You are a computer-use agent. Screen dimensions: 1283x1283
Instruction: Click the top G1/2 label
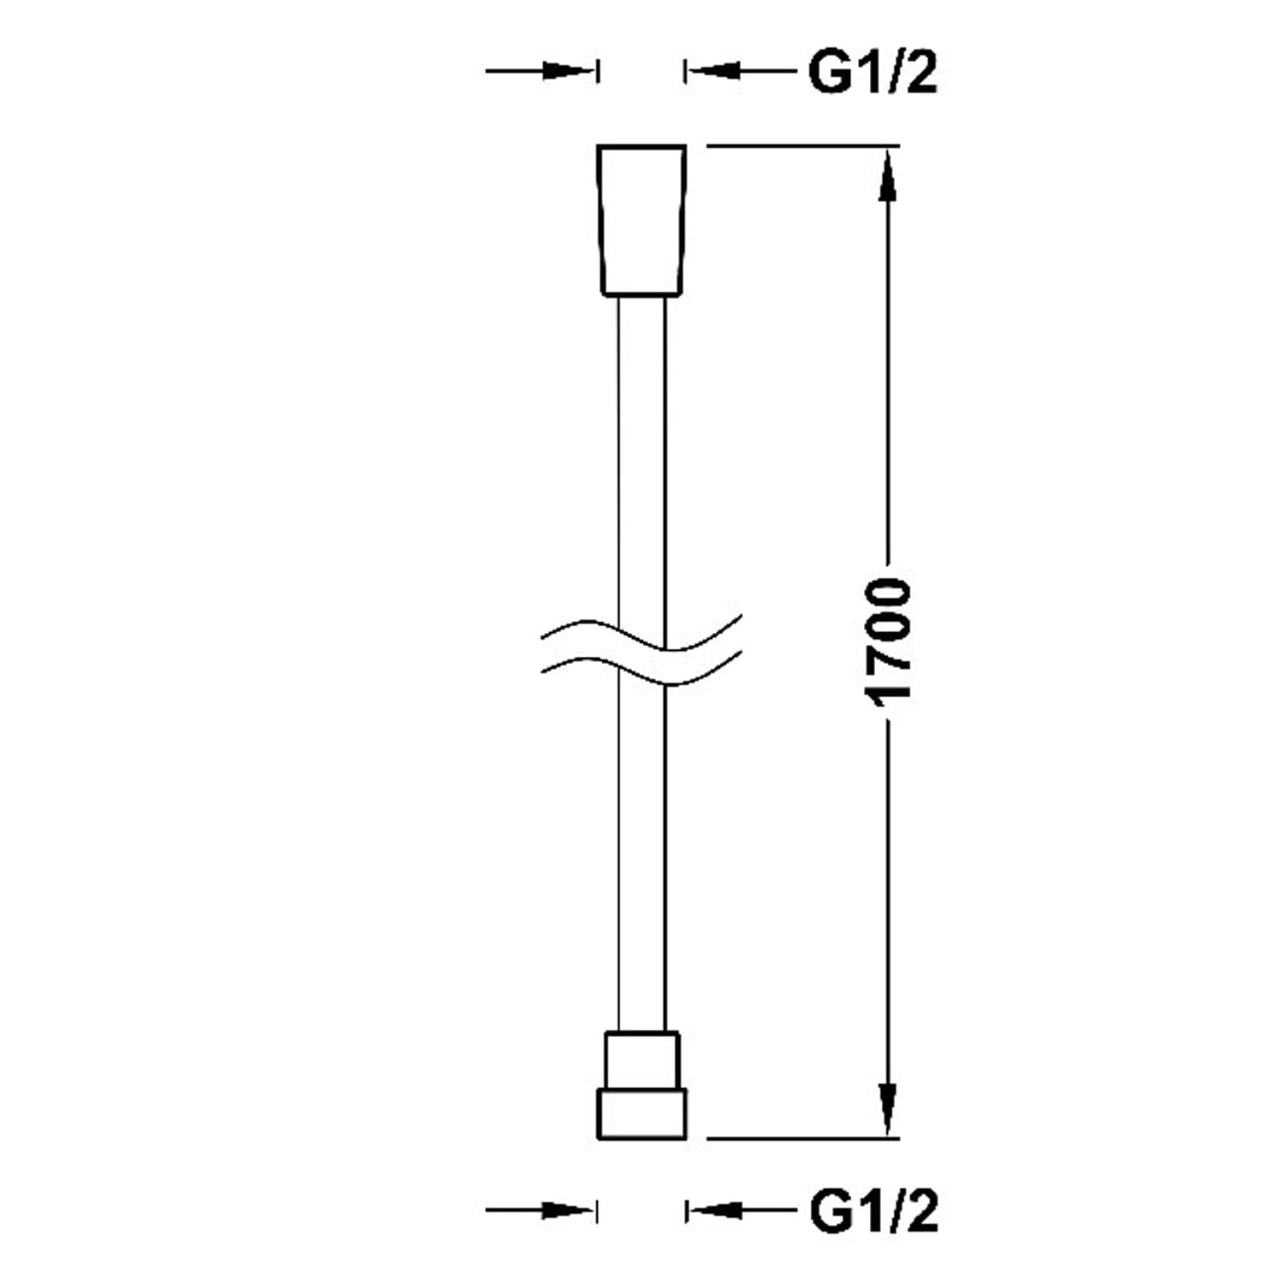click(x=872, y=74)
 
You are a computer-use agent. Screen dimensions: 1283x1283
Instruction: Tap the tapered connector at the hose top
click(x=641, y=220)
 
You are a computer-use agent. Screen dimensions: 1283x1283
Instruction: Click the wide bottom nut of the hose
click(x=641, y=1114)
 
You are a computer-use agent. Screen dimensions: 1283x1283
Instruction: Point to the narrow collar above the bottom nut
click(x=641, y=1060)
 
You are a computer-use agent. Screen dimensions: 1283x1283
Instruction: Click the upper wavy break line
click(x=641, y=633)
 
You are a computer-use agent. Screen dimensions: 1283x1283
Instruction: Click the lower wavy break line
click(x=641, y=671)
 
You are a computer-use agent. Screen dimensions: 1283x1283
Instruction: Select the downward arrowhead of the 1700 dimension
click(x=889, y=1108)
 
